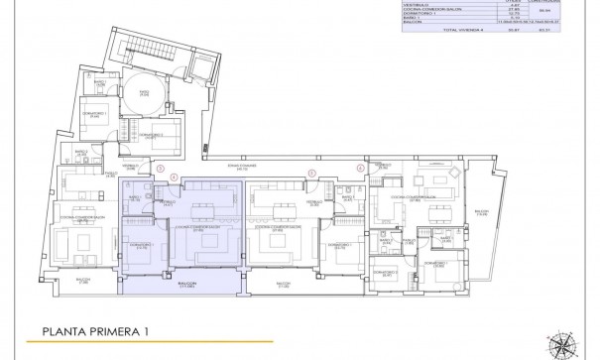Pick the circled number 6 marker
pos(360,169)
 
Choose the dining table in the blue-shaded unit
pos(203,208)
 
